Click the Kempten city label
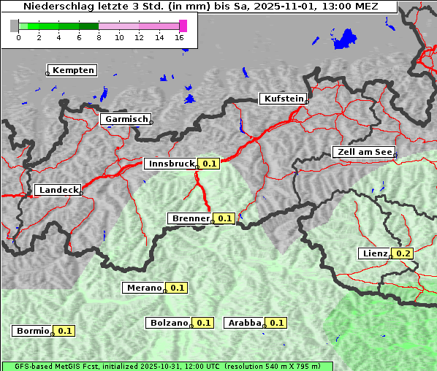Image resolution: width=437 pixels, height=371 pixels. (x=72, y=70)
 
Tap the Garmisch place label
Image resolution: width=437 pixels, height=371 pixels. (x=126, y=119)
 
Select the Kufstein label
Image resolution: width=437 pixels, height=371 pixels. (x=283, y=99)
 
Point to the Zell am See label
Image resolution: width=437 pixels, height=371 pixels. (x=363, y=152)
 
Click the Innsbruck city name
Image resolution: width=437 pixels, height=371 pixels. (x=170, y=164)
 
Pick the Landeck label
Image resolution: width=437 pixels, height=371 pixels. (x=58, y=190)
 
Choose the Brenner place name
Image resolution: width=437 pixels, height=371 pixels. (x=190, y=218)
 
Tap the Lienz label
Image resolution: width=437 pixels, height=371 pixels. (x=374, y=253)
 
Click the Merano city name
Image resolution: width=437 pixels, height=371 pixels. (x=143, y=288)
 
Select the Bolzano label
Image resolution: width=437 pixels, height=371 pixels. (x=170, y=322)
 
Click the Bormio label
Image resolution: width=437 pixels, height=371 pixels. (x=32, y=331)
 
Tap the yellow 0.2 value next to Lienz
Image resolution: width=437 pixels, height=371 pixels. (x=403, y=253)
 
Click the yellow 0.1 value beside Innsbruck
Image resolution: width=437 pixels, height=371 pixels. (x=210, y=164)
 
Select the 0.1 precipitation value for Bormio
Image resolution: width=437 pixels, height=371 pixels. (x=65, y=331)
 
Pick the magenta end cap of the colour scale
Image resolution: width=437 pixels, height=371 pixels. (x=183, y=26)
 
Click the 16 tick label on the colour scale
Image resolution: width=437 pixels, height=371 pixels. (x=179, y=37)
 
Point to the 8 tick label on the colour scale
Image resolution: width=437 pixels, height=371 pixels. (x=99, y=37)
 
